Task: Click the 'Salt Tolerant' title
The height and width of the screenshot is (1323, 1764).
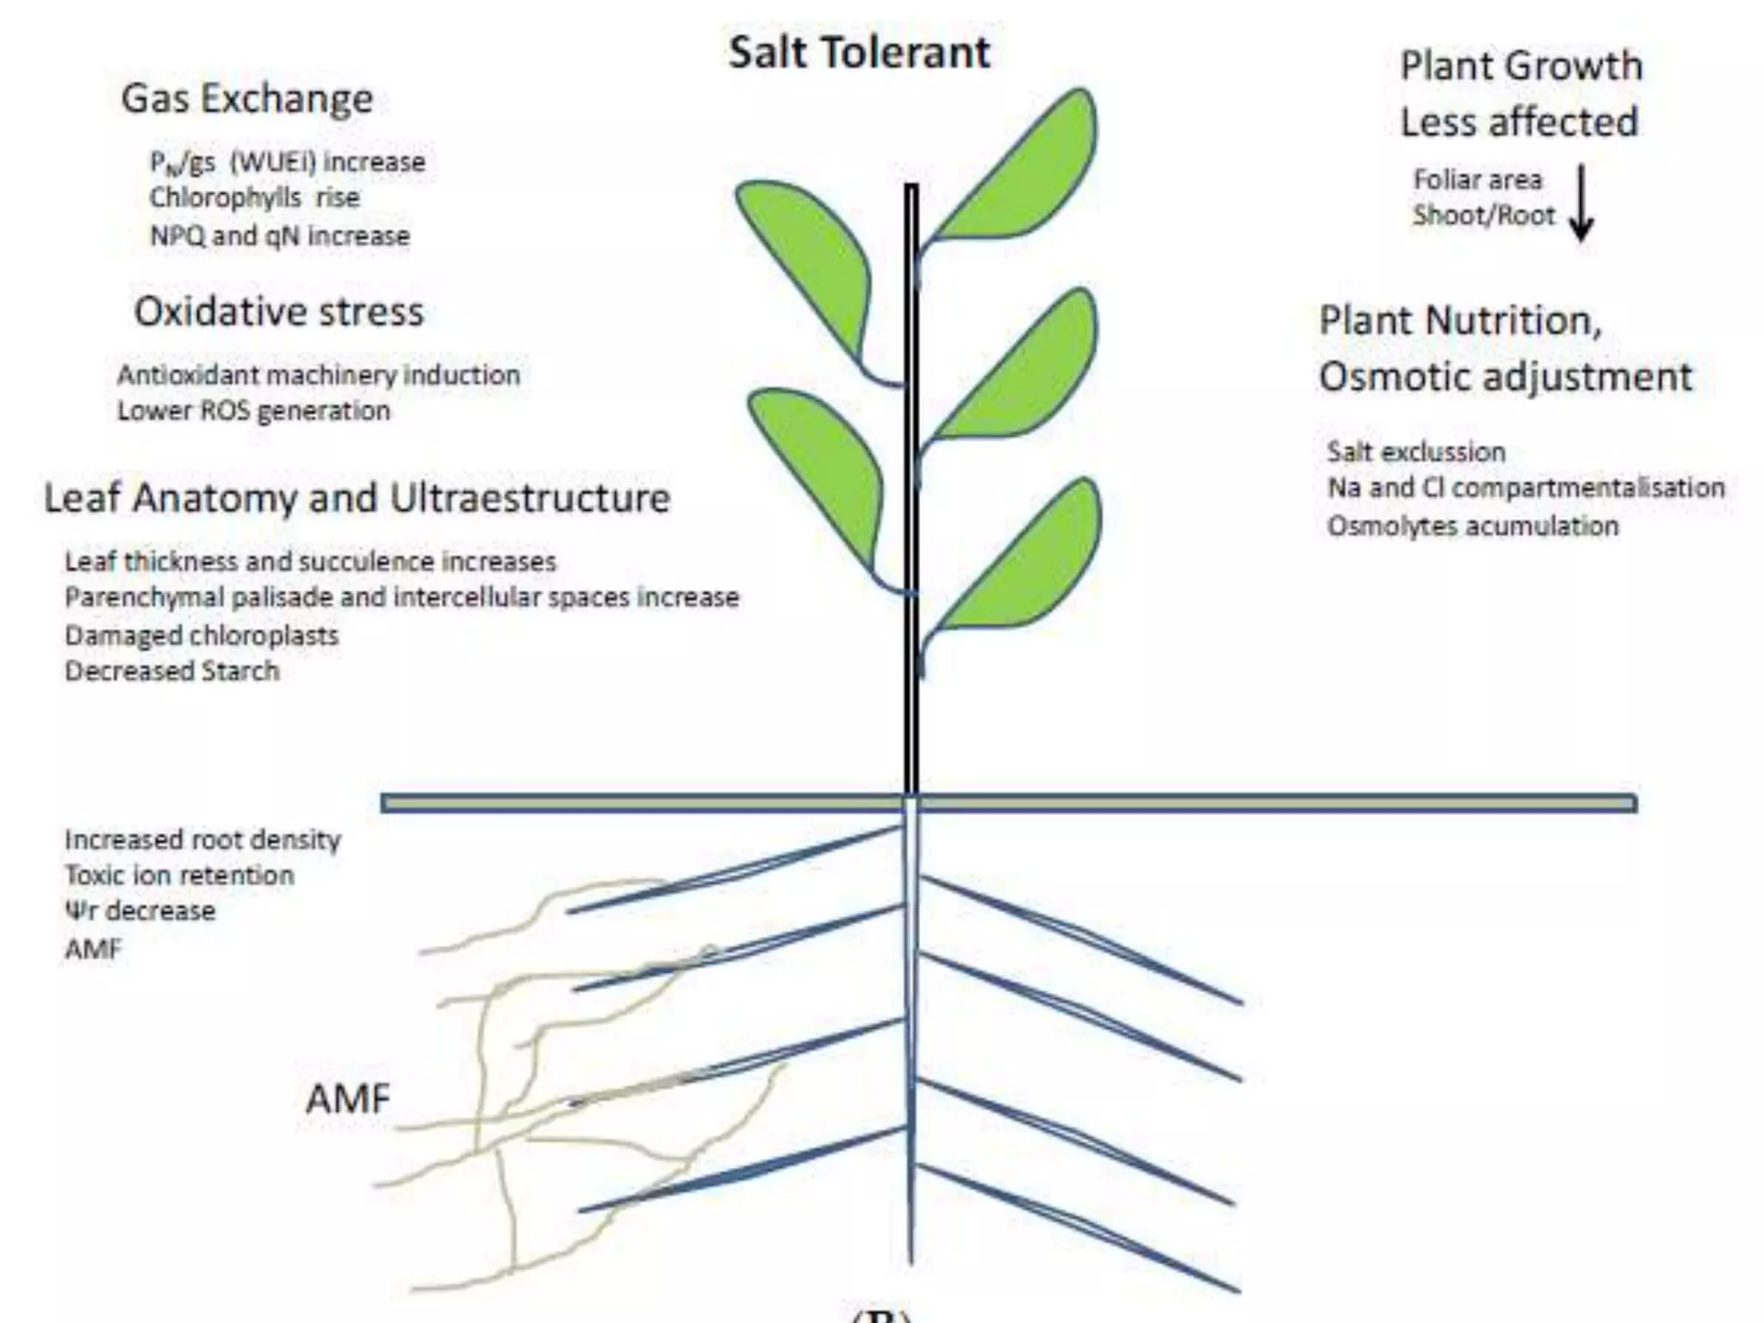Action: [859, 53]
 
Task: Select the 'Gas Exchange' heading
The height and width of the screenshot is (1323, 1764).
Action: [247, 99]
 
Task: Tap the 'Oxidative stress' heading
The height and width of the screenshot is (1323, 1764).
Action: [279, 312]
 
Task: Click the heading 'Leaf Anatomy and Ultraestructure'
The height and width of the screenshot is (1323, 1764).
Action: [357, 499]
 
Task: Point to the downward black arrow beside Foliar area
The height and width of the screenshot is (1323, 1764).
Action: [1581, 203]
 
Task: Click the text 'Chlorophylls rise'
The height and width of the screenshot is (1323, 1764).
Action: [254, 198]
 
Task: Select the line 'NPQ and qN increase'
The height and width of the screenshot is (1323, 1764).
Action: [280, 236]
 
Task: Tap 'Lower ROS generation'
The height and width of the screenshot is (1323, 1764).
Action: [253, 411]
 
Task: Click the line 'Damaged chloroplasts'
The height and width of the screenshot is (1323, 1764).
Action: [202, 636]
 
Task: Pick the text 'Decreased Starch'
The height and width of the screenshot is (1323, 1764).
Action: [172, 671]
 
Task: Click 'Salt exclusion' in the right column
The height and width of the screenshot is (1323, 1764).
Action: [1416, 452]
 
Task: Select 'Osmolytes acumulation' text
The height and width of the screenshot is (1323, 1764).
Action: [1473, 526]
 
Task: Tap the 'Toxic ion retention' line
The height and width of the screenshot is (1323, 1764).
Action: [179, 876]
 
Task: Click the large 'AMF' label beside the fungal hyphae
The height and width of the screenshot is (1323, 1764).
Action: [348, 1100]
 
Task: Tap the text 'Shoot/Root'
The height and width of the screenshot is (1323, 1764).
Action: [1483, 215]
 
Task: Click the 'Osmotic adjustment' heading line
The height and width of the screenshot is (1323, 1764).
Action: [1505, 377]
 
